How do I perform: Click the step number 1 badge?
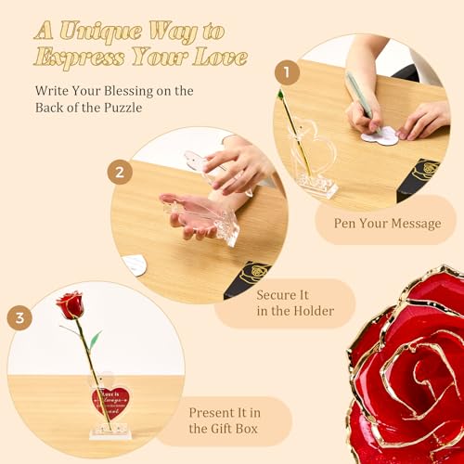point(287,71)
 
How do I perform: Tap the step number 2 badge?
point(120,172)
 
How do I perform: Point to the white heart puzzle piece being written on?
point(380,136)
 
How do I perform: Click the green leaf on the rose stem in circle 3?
point(94,338)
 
